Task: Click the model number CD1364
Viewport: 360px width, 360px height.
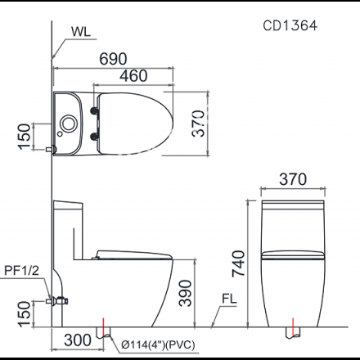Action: (x=290, y=25)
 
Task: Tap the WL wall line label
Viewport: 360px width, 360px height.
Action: (x=81, y=32)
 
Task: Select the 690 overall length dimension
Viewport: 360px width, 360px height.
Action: (x=113, y=59)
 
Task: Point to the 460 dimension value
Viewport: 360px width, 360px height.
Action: (x=133, y=75)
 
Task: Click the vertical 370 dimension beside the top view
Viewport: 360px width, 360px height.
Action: (x=198, y=124)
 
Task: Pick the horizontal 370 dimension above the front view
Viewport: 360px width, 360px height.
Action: (x=293, y=179)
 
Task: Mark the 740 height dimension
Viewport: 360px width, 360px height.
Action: (x=238, y=263)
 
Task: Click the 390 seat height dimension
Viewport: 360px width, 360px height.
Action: (x=186, y=293)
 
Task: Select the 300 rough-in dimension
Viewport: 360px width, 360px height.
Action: (x=78, y=340)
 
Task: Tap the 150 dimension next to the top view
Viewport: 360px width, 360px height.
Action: (x=25, y=137)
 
